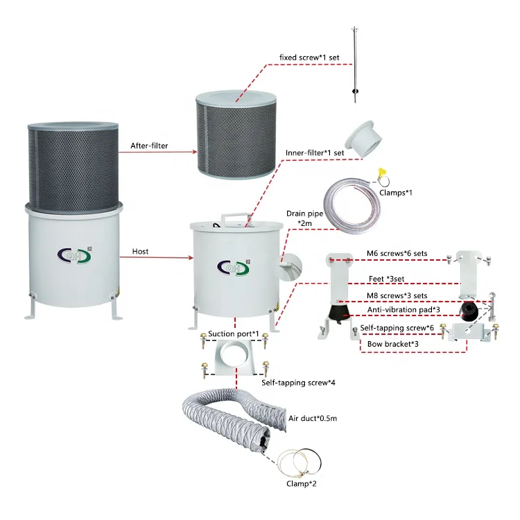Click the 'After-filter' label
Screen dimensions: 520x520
(150, 146)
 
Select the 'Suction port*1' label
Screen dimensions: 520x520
(234, 334)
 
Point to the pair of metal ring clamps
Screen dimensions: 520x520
(299, 458)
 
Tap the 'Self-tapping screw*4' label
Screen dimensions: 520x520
(294, 382)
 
